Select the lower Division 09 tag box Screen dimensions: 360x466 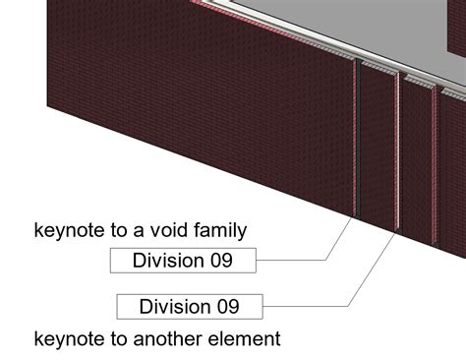pyautogui.click(x=191, y=306)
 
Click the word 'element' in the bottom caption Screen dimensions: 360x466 pyautogui.click(x=247, y=340)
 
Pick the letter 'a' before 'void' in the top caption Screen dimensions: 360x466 pyautogui.click(x=142, y=232)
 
